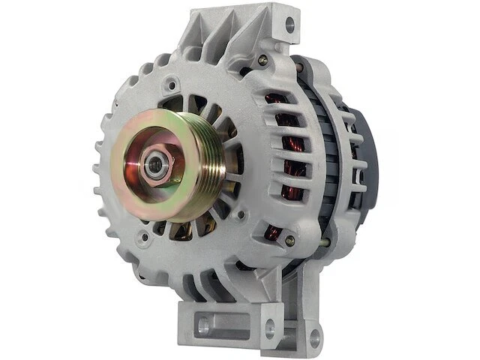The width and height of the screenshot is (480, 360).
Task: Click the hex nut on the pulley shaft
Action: [156, 166]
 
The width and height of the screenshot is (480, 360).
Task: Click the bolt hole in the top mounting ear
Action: [289, 24]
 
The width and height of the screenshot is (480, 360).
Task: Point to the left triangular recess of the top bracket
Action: [214, 34]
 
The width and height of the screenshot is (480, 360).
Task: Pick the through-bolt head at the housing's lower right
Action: [289, 241]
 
